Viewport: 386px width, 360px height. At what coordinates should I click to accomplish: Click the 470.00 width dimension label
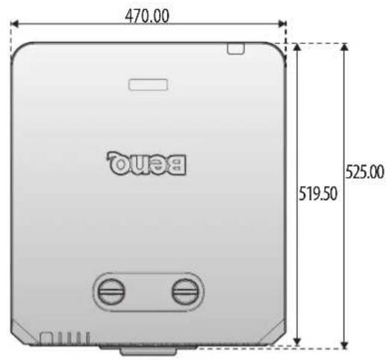coord(147,16)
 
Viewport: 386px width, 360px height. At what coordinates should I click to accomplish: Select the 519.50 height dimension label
coord(318,193)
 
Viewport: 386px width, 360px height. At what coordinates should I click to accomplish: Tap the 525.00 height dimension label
coord(365,172)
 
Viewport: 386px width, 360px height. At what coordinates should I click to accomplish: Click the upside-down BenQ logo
coord(146,163)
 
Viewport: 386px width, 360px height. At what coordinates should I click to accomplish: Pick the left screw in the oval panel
coord(110,291)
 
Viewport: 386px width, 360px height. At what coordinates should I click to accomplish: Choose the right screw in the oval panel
coord(185,291)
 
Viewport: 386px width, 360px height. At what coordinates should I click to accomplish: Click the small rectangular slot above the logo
coord(148,84)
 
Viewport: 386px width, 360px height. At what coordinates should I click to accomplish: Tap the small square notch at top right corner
coord(236,49)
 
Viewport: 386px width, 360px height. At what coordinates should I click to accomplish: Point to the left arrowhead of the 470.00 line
coord(14,24)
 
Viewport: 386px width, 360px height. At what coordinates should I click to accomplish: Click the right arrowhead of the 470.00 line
coord(282,24)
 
